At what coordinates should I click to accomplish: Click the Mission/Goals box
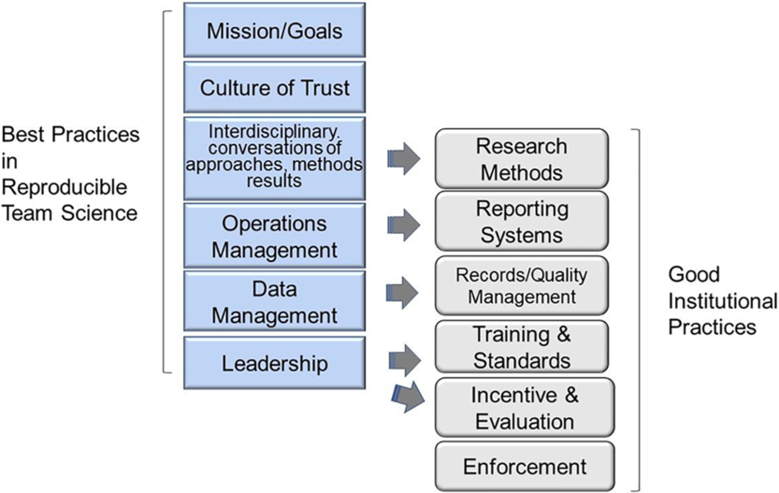point(274,31)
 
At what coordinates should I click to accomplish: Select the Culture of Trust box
point(274,88)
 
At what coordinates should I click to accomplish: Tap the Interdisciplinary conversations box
point(274,157)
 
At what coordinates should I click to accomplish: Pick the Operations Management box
point(274,237)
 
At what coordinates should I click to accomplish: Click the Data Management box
point(274,302)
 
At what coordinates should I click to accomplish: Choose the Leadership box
point(274,362)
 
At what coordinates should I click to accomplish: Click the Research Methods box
point(521,159)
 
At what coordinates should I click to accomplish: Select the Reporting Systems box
point(521,221)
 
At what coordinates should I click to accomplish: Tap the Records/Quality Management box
point(521,285)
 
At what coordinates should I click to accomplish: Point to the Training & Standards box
point(521,347)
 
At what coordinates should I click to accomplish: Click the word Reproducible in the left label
point(57,186)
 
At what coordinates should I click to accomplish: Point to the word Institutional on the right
point(723,302)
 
